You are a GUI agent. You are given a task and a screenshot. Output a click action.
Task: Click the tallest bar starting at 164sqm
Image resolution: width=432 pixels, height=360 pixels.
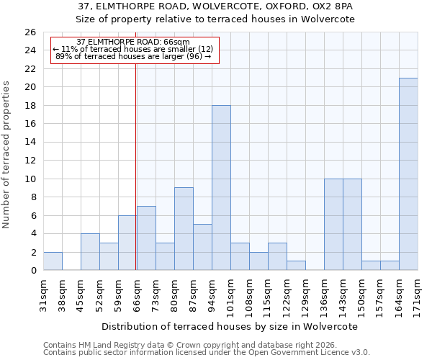[x=408, y=174]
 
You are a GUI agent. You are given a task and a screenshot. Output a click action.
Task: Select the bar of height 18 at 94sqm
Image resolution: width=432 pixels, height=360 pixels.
[x=221, y=188]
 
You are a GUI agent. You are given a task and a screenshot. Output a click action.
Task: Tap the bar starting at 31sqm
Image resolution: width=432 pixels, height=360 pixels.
[x=53, y=261]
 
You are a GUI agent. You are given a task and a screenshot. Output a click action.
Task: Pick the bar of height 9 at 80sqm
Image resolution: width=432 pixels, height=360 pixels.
[x=184, y=229]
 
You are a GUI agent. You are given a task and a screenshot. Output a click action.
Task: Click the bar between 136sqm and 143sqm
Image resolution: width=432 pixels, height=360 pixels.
[x=333, y=225]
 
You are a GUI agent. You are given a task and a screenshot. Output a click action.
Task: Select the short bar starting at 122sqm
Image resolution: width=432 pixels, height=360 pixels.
[x=296, y=266]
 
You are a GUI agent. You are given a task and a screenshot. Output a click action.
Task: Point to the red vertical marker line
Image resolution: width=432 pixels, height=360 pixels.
[x=136, y=166]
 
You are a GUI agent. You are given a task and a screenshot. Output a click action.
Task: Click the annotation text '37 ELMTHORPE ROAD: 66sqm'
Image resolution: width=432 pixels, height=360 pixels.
[x=133, y=42]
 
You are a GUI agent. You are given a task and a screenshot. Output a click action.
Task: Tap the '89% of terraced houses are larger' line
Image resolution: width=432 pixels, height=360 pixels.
[x=133, y=56]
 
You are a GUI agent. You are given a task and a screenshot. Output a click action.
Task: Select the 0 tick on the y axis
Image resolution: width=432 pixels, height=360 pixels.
[x=32, y=271]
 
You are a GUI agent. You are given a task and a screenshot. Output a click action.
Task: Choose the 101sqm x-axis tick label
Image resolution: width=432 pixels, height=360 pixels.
[x=230, y=293]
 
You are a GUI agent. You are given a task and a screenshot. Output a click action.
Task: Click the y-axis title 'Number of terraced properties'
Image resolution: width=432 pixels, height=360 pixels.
[x=6, y=155]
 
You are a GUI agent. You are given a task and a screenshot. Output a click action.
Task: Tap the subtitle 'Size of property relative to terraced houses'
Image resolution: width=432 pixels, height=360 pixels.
[x=216, y=19]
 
